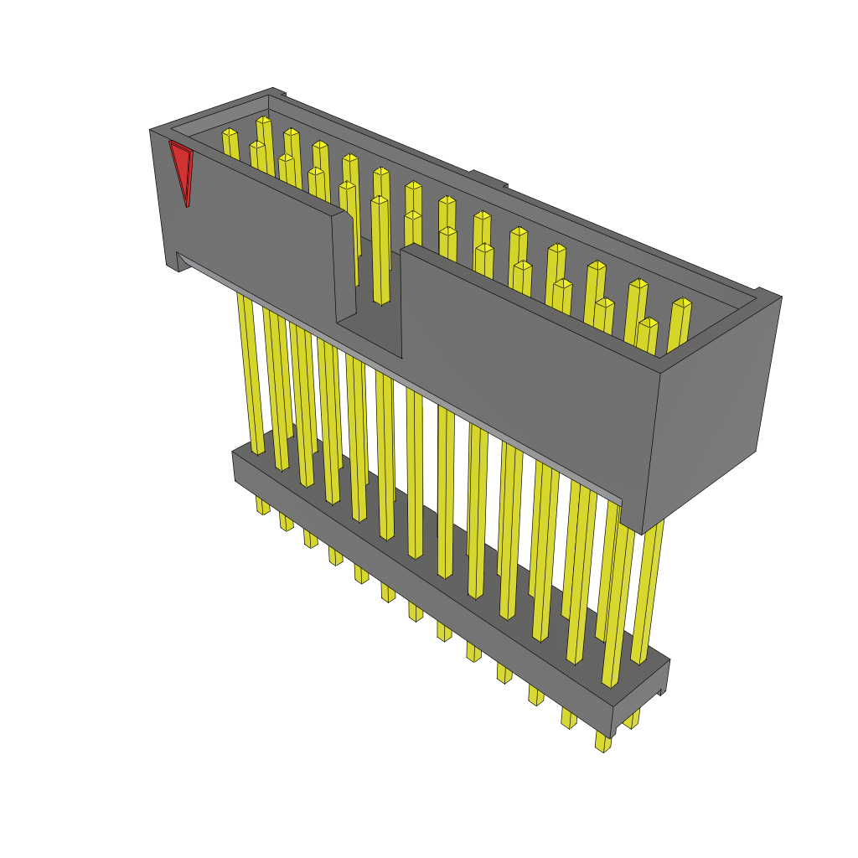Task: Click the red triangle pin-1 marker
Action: coord(180,169)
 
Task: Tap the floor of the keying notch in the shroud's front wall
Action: coord(370,331)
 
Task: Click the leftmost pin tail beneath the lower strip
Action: coord(262,504)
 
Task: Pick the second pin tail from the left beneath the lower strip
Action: coord(287,522)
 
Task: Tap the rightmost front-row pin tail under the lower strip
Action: coord(603,742)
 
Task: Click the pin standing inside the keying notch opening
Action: coord(380,251)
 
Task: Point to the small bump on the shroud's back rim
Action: coord(488,178)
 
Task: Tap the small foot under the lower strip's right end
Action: coord(662,690)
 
